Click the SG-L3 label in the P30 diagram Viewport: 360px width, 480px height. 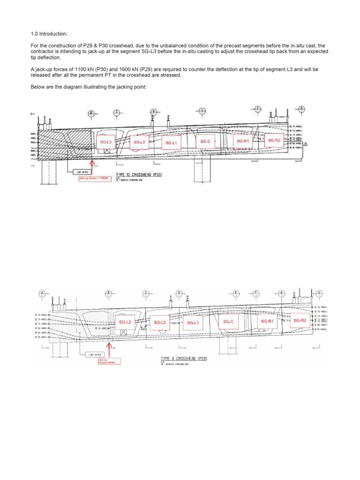[x=105, y=142]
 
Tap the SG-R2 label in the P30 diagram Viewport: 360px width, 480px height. [x=274, y=140]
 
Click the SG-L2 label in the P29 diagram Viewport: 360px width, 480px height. [x=160, y=322]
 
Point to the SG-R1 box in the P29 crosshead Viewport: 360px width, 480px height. [x=267, y=321]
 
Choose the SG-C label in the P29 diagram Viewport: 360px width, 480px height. [x=228, y=322]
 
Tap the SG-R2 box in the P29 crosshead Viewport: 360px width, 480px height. [x=300, y=320]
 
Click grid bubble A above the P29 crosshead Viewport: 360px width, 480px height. [x=42, y=293]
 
